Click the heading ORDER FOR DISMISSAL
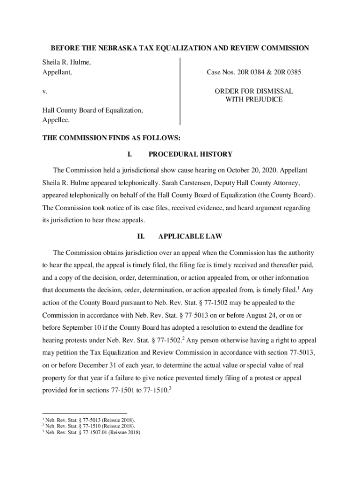click(x=254, y=91)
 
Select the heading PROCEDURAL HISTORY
click(x=190, y=154)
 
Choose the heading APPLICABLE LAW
click(x=190, y=237)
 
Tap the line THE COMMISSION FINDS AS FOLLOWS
click(x=111, y=138)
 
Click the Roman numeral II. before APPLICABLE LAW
click(x=141, y=237)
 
